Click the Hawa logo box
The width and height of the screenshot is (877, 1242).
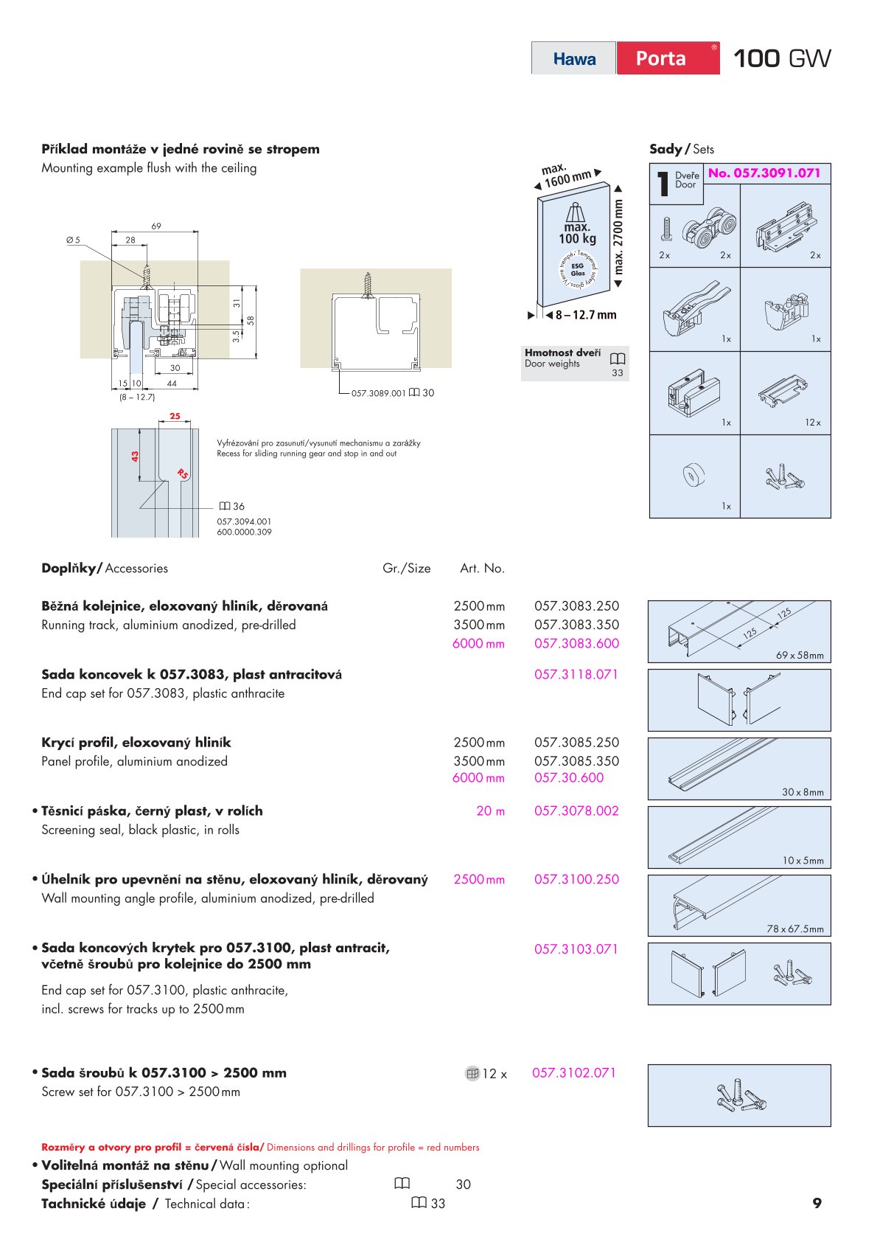[574, 58]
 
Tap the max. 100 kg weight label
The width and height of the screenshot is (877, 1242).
[577, 233]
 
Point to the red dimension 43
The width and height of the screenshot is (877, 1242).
[135, 457]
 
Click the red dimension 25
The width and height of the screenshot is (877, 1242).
[175, 416]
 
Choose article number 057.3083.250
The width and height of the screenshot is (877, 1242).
[576, 606]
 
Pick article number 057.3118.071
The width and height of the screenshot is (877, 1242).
[576, 674]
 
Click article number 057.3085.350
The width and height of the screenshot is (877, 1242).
[576, 761]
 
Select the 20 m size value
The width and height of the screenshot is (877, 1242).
[490, 811]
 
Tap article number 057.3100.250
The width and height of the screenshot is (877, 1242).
[576, 879]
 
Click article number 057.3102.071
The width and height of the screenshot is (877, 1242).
[573, 1073]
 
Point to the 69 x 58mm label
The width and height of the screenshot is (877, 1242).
[800, 656]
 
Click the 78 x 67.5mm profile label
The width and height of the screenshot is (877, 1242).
[794, 929]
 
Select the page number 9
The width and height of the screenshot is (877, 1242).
[817, 1203]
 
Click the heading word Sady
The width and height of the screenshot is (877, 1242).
[665, 149]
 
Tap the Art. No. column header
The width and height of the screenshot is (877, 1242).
[482, 569]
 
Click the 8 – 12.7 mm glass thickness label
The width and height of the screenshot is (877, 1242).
[585, 315]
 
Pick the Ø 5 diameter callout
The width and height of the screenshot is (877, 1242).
[73, 240]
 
